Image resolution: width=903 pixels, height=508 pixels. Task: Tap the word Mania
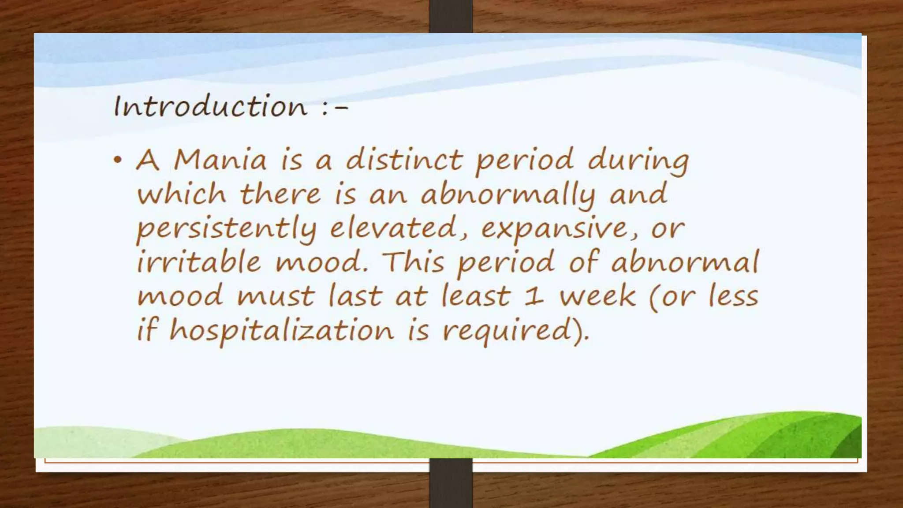[220, 160]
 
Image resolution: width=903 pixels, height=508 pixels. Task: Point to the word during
[638, 161]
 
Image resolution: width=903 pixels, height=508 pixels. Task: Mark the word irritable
[199, 262]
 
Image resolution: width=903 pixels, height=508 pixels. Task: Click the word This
[413, 262]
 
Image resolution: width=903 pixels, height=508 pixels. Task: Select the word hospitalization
[281, 331]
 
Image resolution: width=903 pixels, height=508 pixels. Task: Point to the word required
[507, 331]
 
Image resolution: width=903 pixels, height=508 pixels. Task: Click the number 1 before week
[534, 296]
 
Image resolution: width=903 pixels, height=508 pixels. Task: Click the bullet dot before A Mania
[117, 160]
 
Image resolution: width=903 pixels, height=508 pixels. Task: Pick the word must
[276, 296]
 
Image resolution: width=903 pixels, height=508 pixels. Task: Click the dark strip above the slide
[451, 16]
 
